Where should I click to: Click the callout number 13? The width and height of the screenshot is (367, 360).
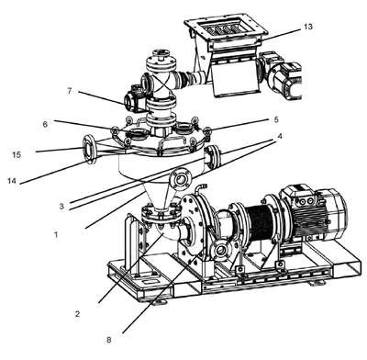[308, 27]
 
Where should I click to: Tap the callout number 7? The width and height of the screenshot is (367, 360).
[70, 91]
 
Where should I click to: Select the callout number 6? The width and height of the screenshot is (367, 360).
[45, 124]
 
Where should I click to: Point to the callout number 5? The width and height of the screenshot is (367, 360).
[276, 119]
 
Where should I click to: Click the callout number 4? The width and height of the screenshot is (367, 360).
[279, 136]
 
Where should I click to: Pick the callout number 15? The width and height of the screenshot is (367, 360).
[17, 154]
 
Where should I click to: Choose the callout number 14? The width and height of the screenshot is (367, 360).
[12, 181]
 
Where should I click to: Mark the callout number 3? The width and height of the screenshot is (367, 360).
[61, 207]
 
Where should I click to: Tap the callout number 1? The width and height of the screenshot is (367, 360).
[56, 235]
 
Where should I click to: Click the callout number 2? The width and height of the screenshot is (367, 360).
[77, 313]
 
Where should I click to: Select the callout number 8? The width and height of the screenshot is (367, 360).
[109, 340]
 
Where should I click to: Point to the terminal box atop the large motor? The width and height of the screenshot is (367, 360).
[296, 196]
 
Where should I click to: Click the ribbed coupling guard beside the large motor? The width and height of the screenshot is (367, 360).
[261, 221]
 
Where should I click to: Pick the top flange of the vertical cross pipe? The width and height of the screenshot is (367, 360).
[161, 63]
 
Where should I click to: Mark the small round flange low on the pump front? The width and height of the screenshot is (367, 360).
[220, 250]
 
